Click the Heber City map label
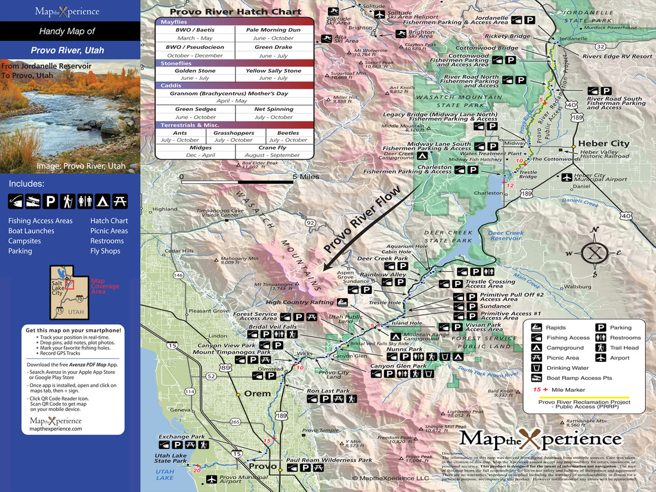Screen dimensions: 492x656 point(604,144)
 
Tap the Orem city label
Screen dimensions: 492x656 point(258,394)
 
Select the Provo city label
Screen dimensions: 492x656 point(262,466)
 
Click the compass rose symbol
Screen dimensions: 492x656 point(594,252)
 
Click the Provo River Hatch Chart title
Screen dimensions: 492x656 point(235,11)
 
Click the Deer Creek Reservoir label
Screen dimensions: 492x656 point(505,236)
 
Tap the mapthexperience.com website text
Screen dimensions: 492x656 point(56,428)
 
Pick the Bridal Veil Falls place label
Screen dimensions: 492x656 point(273,327)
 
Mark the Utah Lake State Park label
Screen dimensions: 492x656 point(171,457)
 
